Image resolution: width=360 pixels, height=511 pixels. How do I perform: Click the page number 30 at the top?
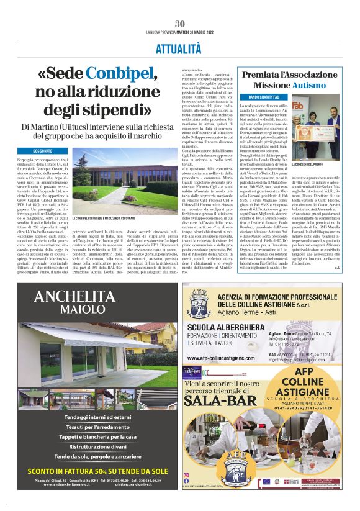pyautogui.click(x=179, y=24)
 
